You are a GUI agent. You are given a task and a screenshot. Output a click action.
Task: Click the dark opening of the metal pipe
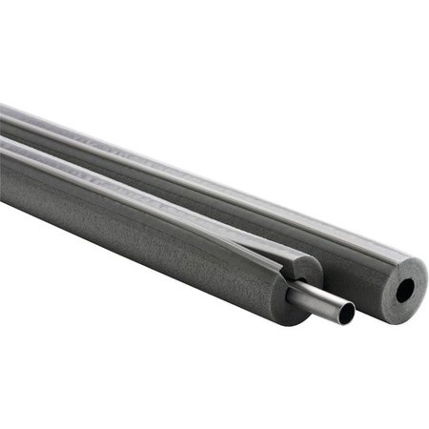pyautogui.click(x=344, y=312)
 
